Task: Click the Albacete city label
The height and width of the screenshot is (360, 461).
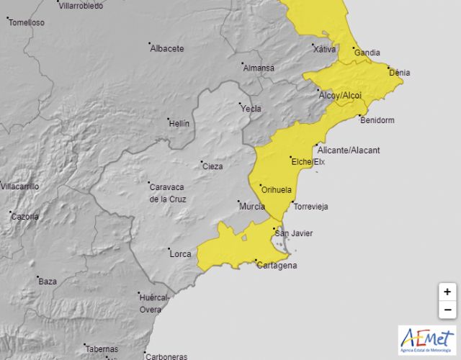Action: pyautogui.click(x=167, y=49)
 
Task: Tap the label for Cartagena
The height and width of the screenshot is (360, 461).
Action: pyautogui.click(x=277, y=266)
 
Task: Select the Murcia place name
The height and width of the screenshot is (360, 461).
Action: pyautogui.click(x=251, y=207)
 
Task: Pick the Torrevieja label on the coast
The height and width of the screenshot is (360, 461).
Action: pyautogui.click(x=310, y=207)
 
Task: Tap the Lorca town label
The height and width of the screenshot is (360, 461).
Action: pyautogui.click(x=180, y=253)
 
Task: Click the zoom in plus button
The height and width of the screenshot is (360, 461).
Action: pyautogui.click(x=447, y=292)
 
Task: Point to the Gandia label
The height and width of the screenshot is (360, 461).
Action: pyautogui.click(x=367, y=53)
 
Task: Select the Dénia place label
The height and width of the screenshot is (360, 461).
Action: pyautogui.click(x=399, y=73)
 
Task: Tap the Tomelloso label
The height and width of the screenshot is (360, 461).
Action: pyautogui.click(x=27, y=22)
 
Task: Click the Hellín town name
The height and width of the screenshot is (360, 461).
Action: pyautogui.click(x=179, y=123)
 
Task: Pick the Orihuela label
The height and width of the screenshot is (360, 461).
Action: pyautogui.click(x=277, y=190)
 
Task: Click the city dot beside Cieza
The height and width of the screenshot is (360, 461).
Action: pyautogui.click(x=202, y=161)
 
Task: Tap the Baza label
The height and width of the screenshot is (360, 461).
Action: pyautogui.click(x=48, y=281)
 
